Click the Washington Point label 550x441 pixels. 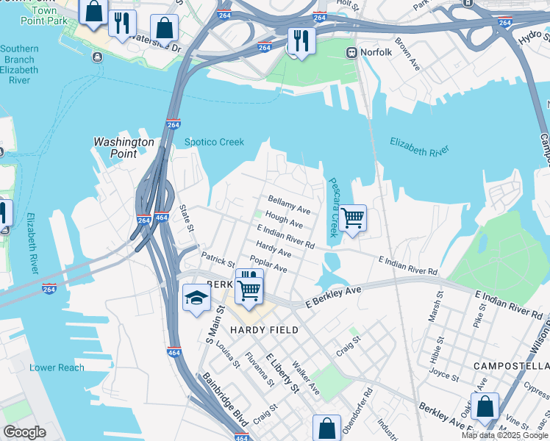[x=124, y=148]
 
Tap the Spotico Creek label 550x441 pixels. [x=213, y=143]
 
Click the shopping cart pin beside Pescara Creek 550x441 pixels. [x=353, y=218]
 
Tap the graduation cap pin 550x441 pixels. [x=196, y=298]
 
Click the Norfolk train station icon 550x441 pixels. [x=351, y=52]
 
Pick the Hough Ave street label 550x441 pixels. [x=284, y=219]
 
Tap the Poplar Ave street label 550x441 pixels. [x=268, y=265]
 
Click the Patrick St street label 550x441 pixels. [x=218, y=259]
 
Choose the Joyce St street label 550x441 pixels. [x=443, y=377]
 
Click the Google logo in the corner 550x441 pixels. [x=24, y=432]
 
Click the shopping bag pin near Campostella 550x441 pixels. [x=485, y=406]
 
